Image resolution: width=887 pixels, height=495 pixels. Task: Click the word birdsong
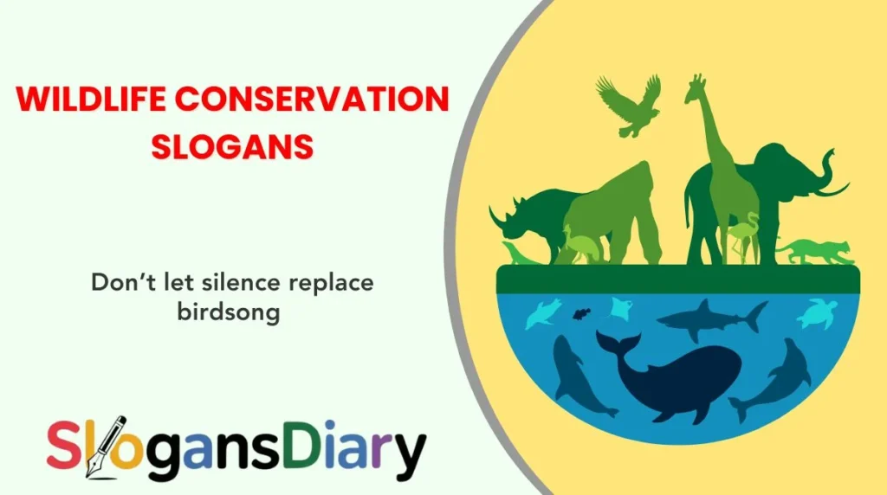[x=228, y=312]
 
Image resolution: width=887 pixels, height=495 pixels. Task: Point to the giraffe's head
[x=696, y=87]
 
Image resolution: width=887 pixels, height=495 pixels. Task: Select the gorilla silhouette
[x=606, y=212]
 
